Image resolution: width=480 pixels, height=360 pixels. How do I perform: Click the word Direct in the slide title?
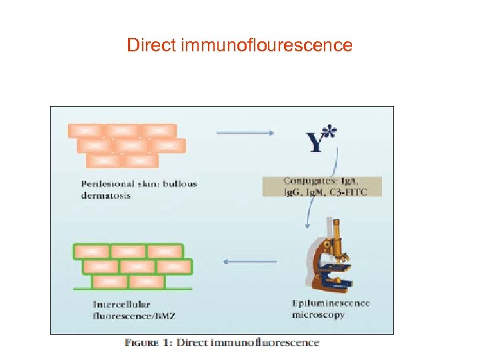click(x=151, y=46)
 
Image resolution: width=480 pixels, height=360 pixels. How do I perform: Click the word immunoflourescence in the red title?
click(x=266, y=46)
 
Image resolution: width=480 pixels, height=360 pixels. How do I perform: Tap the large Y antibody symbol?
click(x=313, y=142)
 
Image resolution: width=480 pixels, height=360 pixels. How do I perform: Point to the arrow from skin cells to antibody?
click(x=245, y=133)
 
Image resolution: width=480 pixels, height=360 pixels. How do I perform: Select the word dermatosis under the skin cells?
click(x=106, y=195)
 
